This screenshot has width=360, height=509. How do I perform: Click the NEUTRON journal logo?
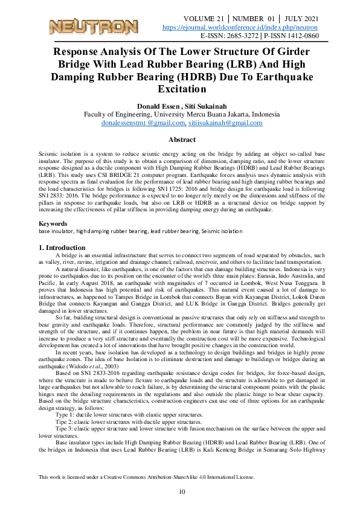pos(93,27)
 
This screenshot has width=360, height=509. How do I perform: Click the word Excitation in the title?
pos(179,89)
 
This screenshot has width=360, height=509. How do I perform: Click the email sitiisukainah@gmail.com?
pos(225,123)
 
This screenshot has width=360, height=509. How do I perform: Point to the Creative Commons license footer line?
pos(147,476)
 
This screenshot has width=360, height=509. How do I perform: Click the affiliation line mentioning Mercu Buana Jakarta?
pos(179,114)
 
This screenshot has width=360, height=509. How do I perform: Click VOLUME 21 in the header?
pos(207,19)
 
